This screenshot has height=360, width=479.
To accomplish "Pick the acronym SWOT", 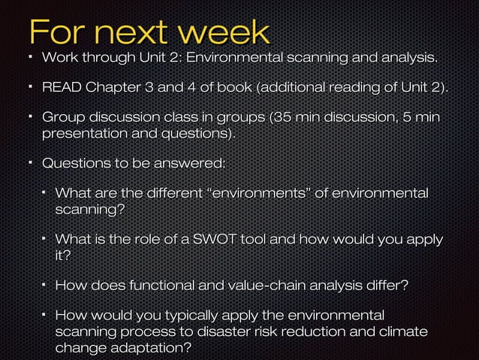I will (x=215, y=241).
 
